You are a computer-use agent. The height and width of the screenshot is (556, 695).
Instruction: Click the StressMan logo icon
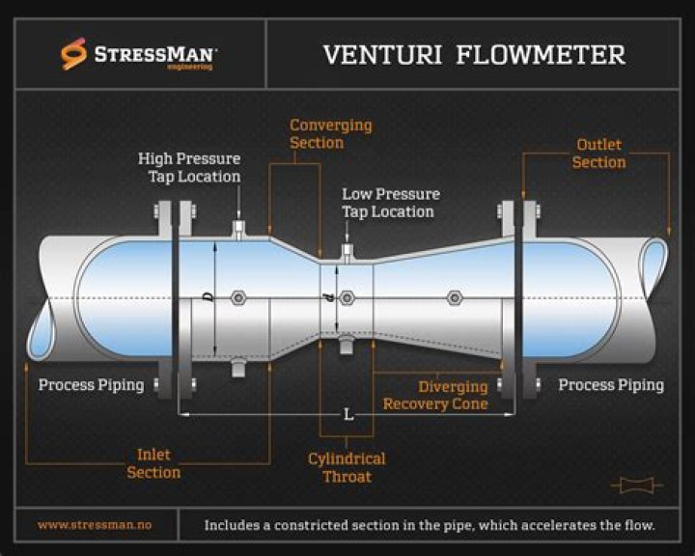tap(74, 54)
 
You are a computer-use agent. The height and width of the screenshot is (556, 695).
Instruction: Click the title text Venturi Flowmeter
tap(473, 54)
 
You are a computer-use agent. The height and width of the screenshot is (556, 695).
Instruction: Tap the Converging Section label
tap(330, 134)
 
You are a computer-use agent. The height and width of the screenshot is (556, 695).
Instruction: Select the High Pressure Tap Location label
tap(189, 167)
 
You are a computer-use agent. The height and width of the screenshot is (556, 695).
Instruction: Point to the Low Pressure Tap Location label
tap(390, 203)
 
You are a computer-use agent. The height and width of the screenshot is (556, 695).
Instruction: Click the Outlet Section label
tap(598, 153)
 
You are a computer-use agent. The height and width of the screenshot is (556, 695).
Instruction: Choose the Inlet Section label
tap(153, 463)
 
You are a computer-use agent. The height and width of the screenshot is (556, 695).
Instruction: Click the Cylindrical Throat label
tap(347, 467)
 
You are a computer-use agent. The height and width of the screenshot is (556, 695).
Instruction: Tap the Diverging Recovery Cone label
tap(435, 395)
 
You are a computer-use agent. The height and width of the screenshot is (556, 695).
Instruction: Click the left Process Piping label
tap(91, 385)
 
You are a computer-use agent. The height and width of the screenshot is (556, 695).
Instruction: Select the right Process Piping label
tap(611, 385)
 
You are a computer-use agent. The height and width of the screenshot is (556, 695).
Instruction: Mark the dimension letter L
tap(348, 415)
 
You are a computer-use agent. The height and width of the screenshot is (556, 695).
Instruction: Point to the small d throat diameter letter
tap(331, 298)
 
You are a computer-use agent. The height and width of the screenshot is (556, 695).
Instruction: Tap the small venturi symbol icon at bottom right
tap(636, 485)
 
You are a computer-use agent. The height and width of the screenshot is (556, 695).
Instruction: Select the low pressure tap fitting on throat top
tap(347, 253)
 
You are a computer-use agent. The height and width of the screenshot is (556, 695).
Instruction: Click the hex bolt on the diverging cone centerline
tap(454, 298)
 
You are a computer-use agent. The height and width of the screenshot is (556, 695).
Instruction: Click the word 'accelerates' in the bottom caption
tap(561, 525)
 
